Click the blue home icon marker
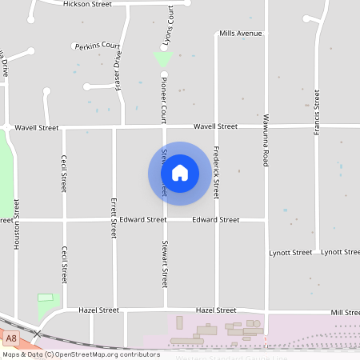180,173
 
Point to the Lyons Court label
170,24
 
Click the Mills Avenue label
239,34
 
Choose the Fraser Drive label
118,70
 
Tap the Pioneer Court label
162,99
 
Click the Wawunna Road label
265,140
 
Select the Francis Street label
317,112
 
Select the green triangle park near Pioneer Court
163,59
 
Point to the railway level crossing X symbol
37,333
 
